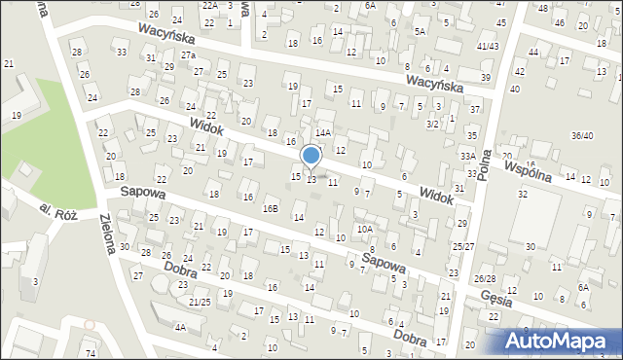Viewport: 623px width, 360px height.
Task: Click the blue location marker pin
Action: [x=311, y=157]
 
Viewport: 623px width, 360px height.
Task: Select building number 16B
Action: [x=271, y=207]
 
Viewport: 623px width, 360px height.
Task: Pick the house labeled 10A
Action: [x=364, y=229]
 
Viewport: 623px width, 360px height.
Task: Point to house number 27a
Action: [x=188, y=55]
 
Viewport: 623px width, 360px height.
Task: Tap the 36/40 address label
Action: [x=582, y=135]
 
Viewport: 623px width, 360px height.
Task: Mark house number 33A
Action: [x=468, y=156]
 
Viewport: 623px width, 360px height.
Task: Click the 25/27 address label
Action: [x=463, y=247]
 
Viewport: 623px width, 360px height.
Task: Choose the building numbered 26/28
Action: [x=485, y=279]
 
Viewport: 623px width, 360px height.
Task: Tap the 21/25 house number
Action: [x=200, y=303]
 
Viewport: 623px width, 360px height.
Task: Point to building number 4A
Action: [x=180, y=328]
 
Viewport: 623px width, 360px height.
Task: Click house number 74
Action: [x=90, y=351]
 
